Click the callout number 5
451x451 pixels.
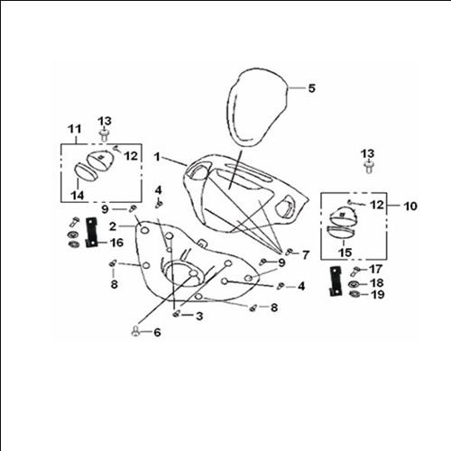[311, 88]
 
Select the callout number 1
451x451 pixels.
[157, 157]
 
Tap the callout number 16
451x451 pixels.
[117, 243]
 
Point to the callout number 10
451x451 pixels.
[410, 207]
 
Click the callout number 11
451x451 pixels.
[75, 129]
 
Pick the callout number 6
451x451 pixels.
[157, 332]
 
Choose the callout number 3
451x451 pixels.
[199, 316]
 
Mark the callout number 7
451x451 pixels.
[306, 255]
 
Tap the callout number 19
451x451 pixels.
[378, 294]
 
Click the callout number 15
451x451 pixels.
[345, 253]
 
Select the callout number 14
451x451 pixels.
[78, 196]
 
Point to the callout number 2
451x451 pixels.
[113, 226]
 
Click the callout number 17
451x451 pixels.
[376, 269]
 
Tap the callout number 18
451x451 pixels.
[377, 282]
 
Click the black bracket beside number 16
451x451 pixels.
[91, 233]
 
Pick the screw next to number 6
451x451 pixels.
[135, 332]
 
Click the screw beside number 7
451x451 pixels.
[289, 252]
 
